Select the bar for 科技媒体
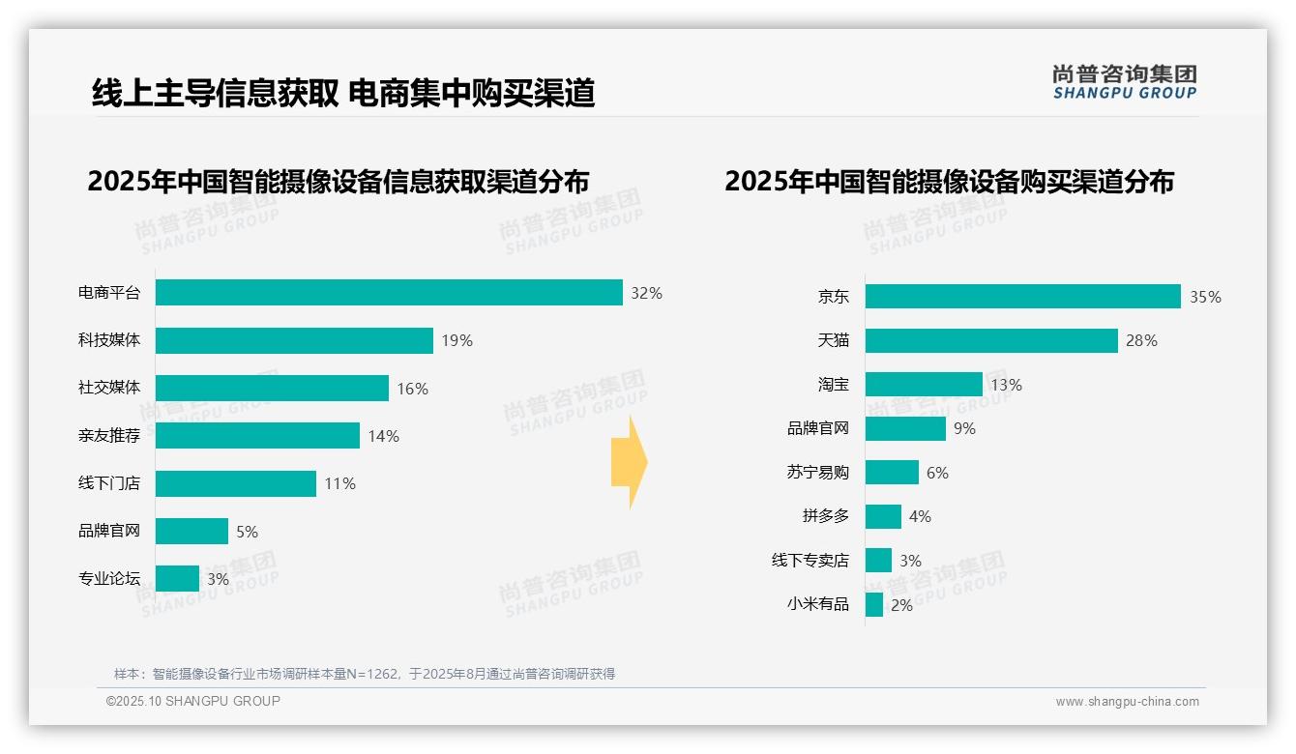pyautogui.click(x=294, y=340)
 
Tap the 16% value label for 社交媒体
pyautogui.click(x=412, y=389)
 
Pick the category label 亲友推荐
pyautogui.click(x=109, y=436)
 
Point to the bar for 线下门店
pyautogui.click(x=236, y=483)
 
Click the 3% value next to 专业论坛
pyautogui.click(x=218, y=579)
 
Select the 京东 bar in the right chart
pyautogui.click(x=1022, y=297)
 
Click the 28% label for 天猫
pyautogui.click(x=1141, y=340)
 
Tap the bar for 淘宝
pyautogui.click(x=924, y=385)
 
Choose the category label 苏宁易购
pyautogui.click(x=817, y=473)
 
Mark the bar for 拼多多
pyautogui.click(x=883, y=516)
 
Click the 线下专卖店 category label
pyautogui.click(x=810, y=561)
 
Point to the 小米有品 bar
pyautogui.click(x=874, y=605)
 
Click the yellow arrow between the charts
pyautogui.click(x=629, y=462)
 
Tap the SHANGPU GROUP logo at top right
pyautogui.click(x=1124, y=82)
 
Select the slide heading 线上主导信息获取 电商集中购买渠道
pyautogui.click(x=343, y=93)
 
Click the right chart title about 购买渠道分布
pyautogui.click(x=949, y=182)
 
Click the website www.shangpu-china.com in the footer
pyautogui.click(x=1127, y=702)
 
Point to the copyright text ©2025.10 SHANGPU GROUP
pyautogui.click(x=193, y=701)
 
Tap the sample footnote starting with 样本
pyautogui.click(x=365, y=674)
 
